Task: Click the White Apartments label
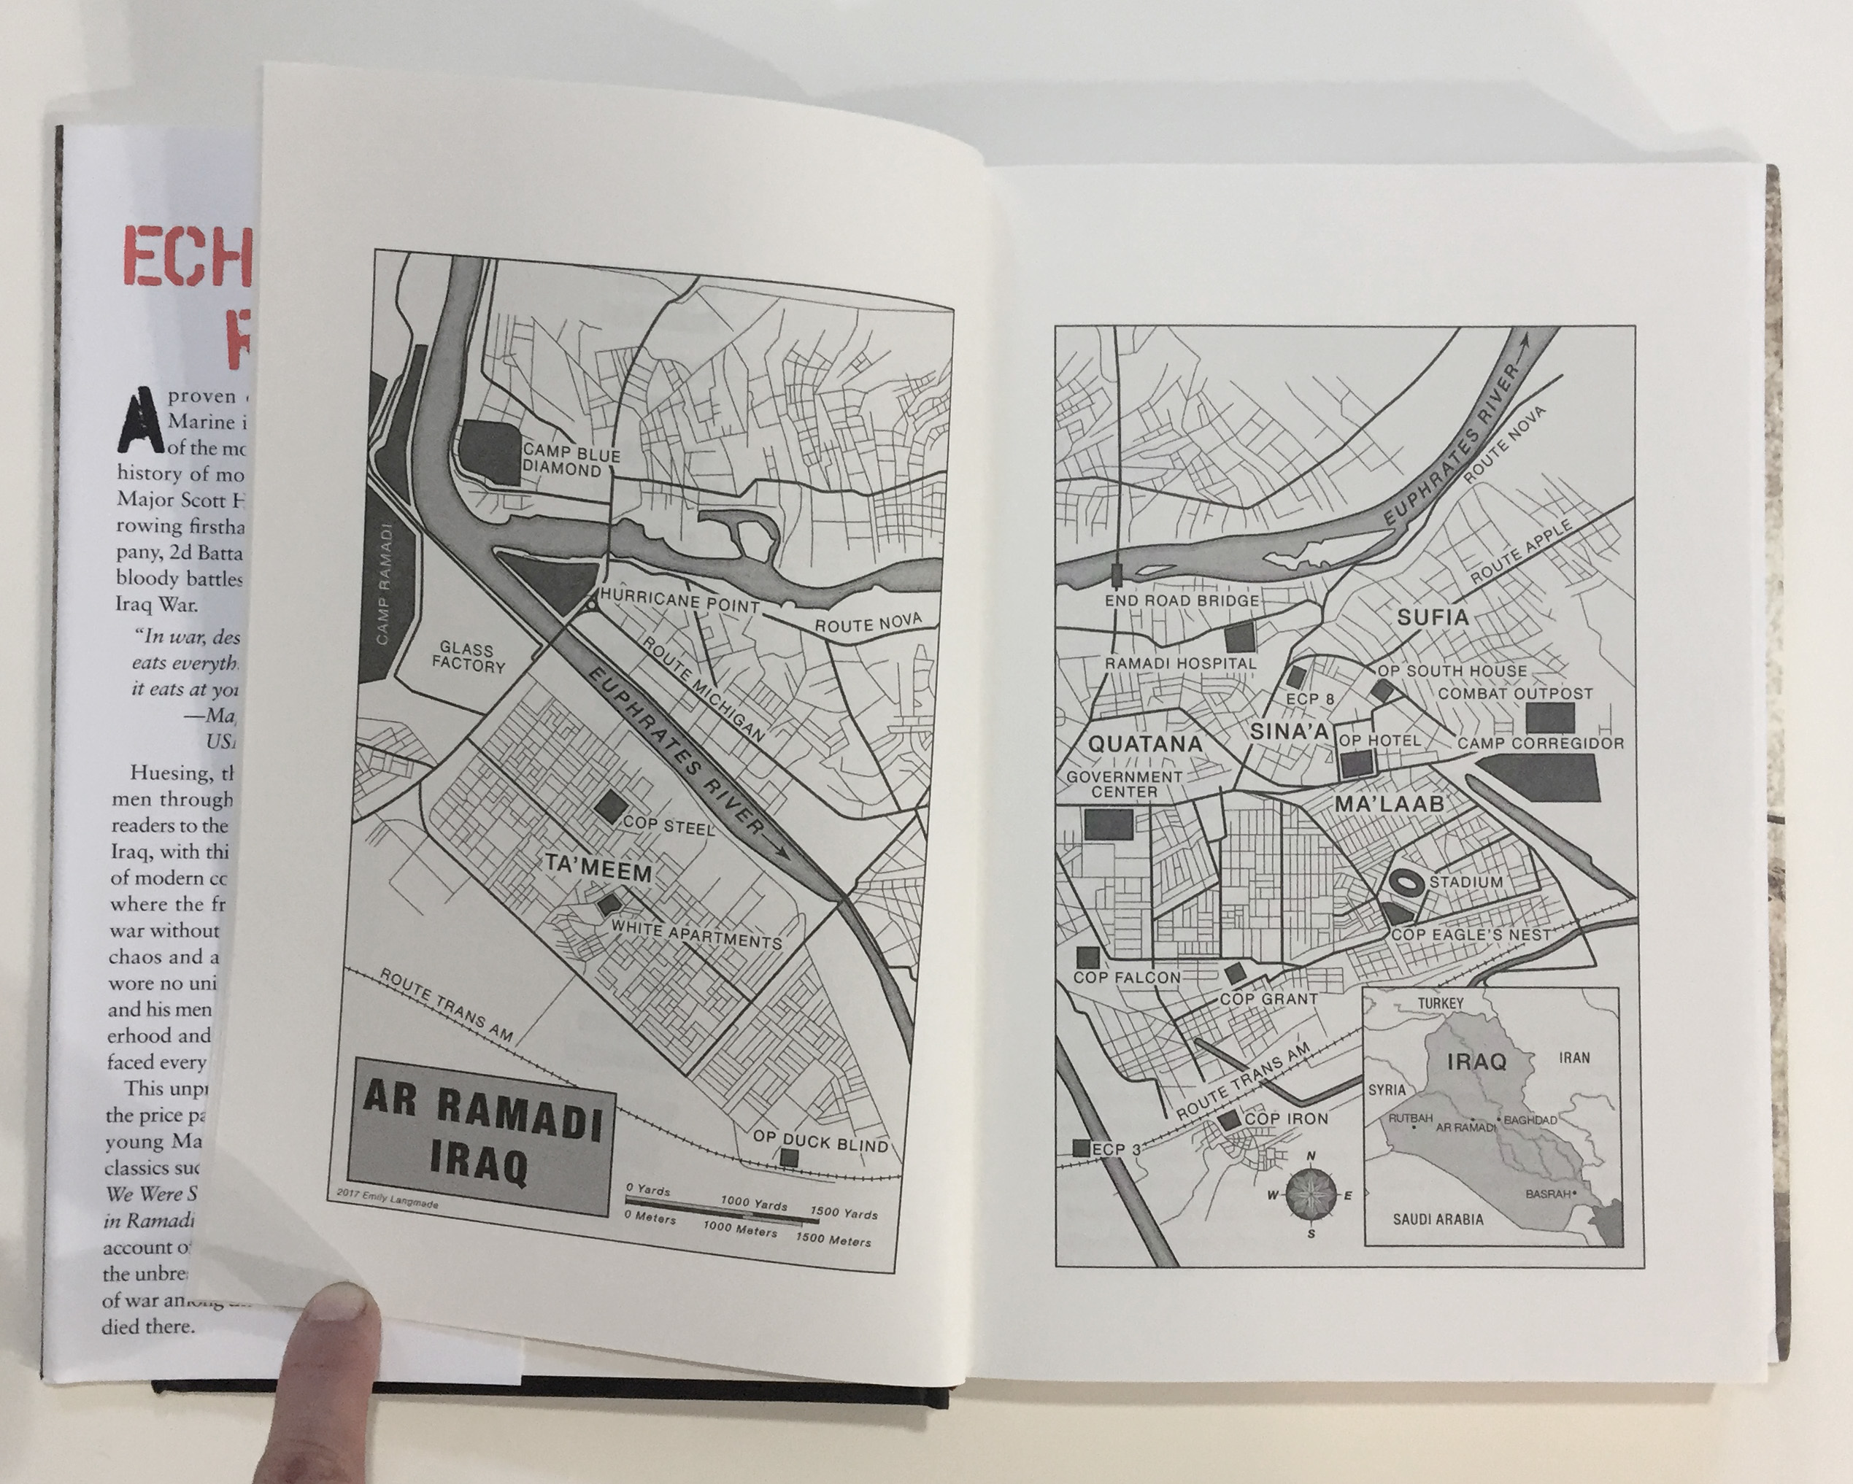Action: pyautogui.click(x=696, y=935)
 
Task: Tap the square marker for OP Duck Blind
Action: pyautogui.click(x=789, y=1157)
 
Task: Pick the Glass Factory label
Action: pyautogui.click(x=468, y=657)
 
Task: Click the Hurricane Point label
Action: pyautogui.click(x=679, y=600)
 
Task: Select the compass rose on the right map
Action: pyautogui.click(x=1312, y=1195)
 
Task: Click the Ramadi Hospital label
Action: pyautogui.click(x=1180, y=663)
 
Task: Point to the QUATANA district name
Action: pyautogui.click(x=1146, y=743)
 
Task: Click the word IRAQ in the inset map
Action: pyautogui.click(x=1476, y=1062)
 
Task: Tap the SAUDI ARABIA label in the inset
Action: pyautogui.click(x=1438, y=1218)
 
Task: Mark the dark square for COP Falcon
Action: pyautogui.click(x=1088, y=957)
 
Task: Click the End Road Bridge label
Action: pyautogui.click(x=1181, y=600)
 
